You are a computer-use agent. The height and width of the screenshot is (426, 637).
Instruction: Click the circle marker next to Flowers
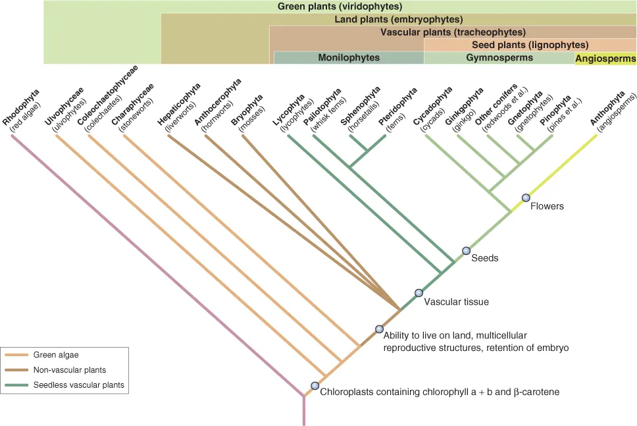coord(526,198)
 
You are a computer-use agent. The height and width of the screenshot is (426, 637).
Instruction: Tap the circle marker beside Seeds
coord(466,251)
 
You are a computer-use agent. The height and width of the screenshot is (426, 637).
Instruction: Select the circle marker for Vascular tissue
coord(419,293)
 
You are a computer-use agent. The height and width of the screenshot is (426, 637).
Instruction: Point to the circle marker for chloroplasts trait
coord(315,386)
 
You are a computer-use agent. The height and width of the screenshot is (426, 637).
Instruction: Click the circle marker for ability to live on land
coord(379,329)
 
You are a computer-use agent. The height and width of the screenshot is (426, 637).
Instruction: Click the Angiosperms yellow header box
coord(605,59)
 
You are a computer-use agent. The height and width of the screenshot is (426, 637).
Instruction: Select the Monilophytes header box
coord(349,58)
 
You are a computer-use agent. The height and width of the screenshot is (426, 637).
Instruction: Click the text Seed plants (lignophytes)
coord(530,45)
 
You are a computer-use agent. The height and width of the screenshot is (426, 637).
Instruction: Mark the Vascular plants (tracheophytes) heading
coord(453,32)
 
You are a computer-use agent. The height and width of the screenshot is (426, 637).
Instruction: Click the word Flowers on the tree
coord(548,206)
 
